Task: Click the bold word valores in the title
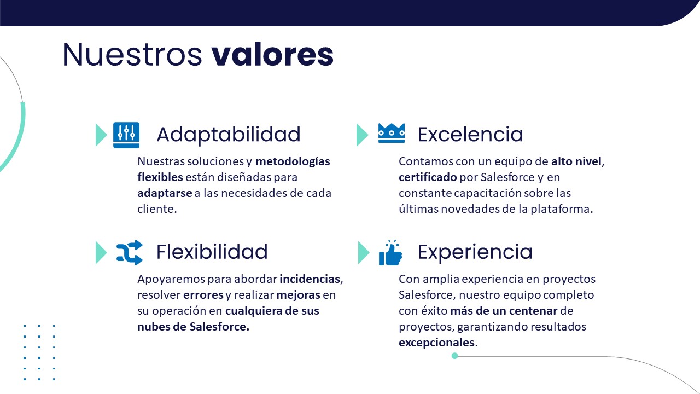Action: (x=272, y=54)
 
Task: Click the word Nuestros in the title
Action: (x=132, y=54)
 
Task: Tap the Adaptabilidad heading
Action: (x=229, y=135)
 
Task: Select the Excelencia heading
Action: (x=470, y=135)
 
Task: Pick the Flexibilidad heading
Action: (x=212, y=252)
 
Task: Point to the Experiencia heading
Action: (x=475, y=252)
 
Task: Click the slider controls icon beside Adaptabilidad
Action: (x=126, y=135)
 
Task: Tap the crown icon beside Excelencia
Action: (x=392, y=133)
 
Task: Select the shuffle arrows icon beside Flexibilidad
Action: (x=130, y=252)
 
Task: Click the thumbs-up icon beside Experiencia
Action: (x=390, y=253)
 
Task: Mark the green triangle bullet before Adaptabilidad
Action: (x=101, y=135)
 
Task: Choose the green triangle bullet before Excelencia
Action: (x=362, y=135)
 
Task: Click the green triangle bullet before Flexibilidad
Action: (x=101, y=252)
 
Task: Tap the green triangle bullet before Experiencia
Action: (x=364, y=252)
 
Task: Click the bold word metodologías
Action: (x=293, y=161)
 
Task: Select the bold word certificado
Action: (x=428, y=177)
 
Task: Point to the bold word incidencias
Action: (x=310, y=279)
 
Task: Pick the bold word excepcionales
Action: (x=436, y=343)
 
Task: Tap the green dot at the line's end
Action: (x=455, y=356)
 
